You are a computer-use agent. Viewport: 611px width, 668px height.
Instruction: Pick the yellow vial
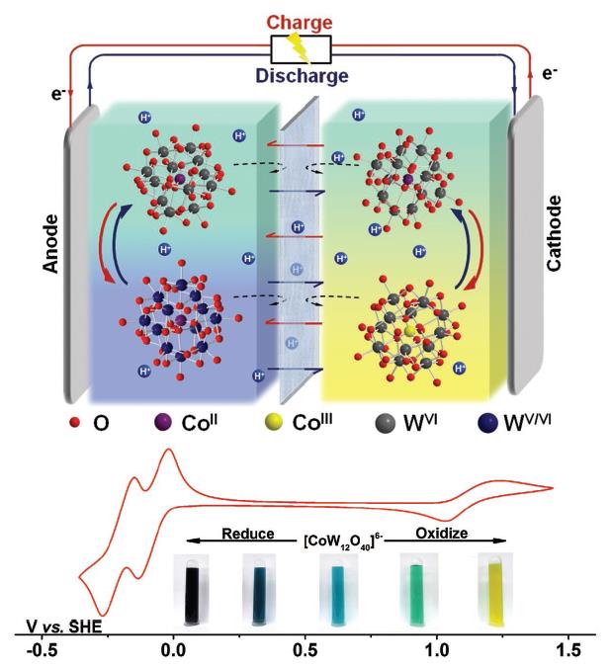point(491,590)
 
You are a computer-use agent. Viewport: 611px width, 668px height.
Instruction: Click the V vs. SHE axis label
point(65,626)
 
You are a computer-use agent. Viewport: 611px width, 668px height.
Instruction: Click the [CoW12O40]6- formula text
point(341,535)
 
